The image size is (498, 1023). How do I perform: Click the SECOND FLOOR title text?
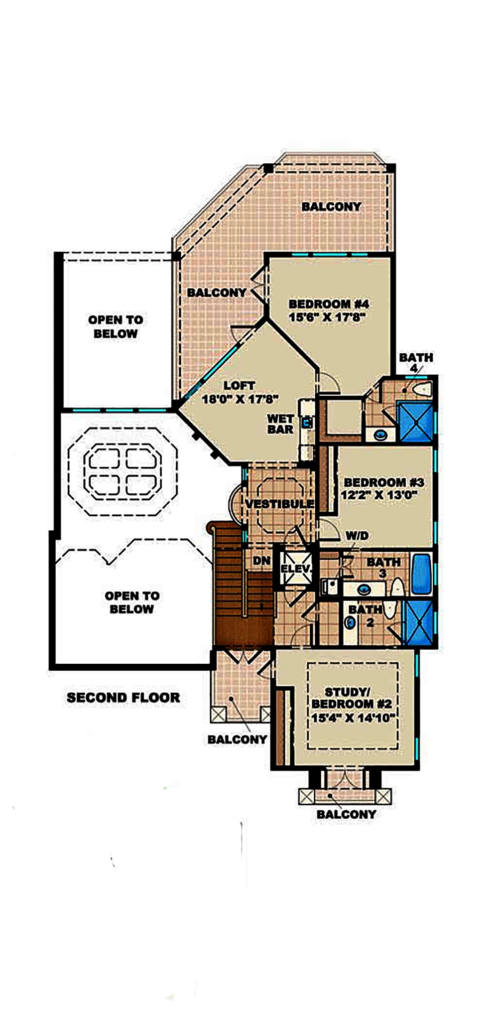(123, 698)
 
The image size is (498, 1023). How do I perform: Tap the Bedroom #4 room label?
(329, 304)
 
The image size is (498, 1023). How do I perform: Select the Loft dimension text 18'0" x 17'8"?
(240, 399)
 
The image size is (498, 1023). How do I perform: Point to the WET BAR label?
(280, 424)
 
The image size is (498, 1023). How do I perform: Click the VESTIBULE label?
(279, 504)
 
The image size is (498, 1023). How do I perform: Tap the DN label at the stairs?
(261, 561)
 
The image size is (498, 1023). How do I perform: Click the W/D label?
(357, 536)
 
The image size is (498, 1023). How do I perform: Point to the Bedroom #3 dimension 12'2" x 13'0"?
(379, 495)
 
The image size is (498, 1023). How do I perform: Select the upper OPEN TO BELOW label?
(116, 327)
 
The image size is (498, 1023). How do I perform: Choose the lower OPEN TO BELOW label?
(132, 602)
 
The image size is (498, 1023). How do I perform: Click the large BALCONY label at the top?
(331, 206)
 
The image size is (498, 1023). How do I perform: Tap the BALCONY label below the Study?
(346, 814)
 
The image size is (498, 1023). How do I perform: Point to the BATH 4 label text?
(416, 362)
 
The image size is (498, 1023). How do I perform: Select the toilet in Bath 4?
(423, 389)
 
